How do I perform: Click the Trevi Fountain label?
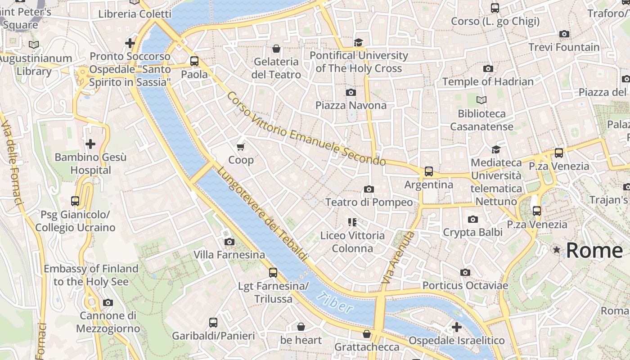pyautogui.click(x=564, y=47)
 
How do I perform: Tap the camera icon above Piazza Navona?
pyautogui.click(x=351, y=92)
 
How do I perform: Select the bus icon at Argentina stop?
pyautogui.click(x=429, y=171)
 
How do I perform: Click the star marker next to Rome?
pyautogui.click(x=557, y=250)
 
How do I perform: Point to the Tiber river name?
pyautogui.click(x=334, y=302)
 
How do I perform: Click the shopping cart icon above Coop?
pyautogui.click(x=241, y=147)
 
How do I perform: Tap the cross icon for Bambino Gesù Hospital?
pyautogui.click(x=90, y=144)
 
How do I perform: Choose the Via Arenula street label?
pyautogui.click(x=397, y=258)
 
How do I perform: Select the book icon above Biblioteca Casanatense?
pyautogui.click(x=481, y=100)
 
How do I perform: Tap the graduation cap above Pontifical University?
pyautogui.click(x=358, y=42)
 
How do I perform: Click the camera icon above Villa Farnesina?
pyautogui.click(x=229, y=242)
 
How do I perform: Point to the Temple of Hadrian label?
pyautogui.click(x=488, y=81)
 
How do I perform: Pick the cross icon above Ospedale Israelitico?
pyautogui.click(x=457, y=327)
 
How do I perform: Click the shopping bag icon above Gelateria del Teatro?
pyautogui.click(x=276, y=48)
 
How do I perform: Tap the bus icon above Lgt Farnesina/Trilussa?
pyautogui.click(x=273, y=272)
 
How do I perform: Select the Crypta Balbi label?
pyautogui.click(x=472, y=232)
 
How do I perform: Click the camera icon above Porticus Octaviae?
pyautogui.click(x=465, y=272)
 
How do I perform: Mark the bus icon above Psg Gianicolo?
pyautogui.click(x=75, y=201)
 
